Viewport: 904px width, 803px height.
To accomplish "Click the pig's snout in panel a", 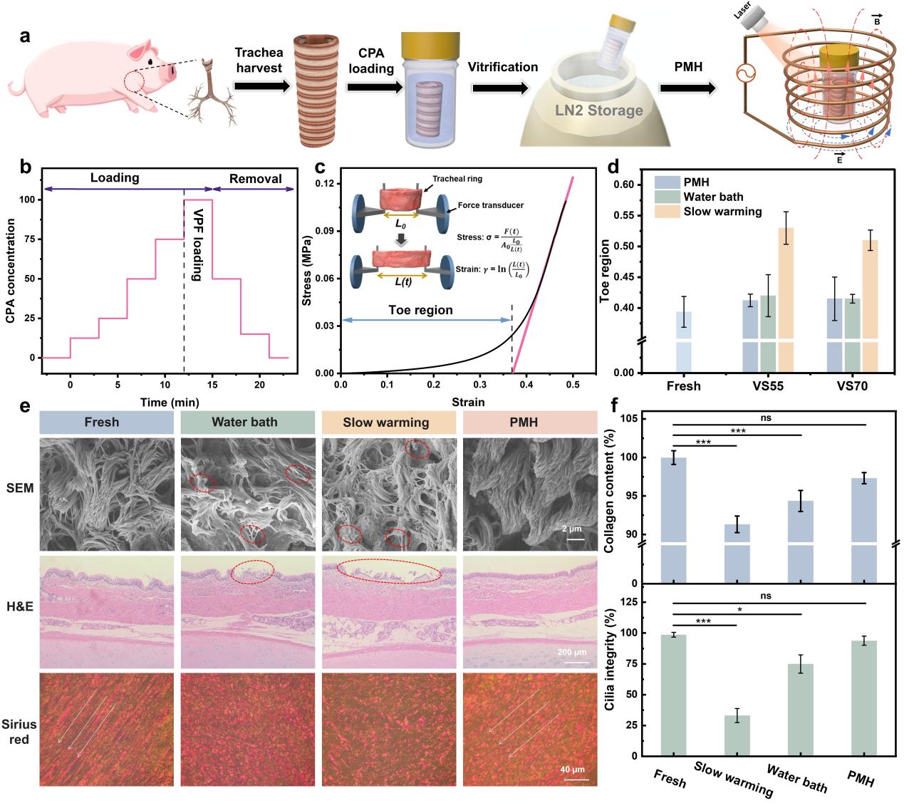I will (x=173, y=72).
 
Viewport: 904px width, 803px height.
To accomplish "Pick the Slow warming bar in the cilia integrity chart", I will (x=737, y=735).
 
